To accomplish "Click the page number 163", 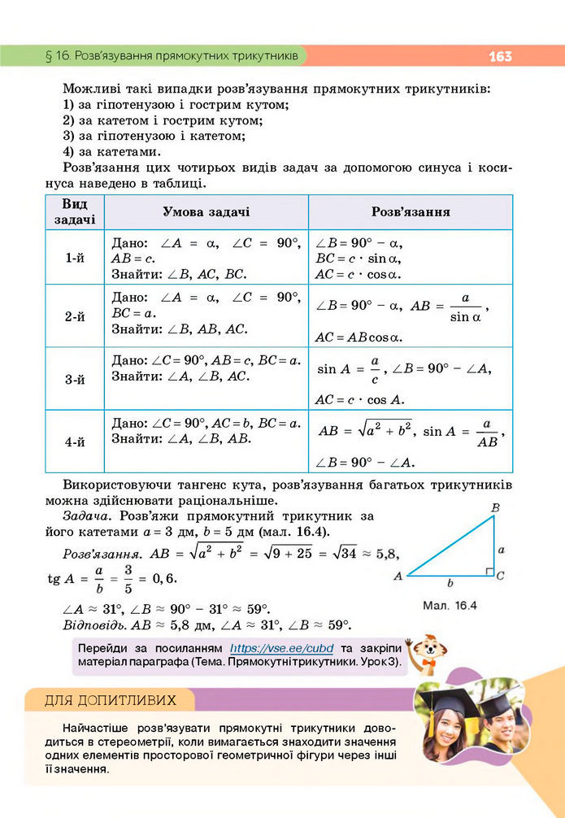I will (500, 56).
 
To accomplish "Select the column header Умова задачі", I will (206, 212).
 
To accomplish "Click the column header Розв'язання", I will (411, 212).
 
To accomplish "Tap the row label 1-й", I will (75, 257).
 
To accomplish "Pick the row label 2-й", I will (75, 316).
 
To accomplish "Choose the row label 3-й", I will (75, 379).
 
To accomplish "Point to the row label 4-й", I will (75, 442).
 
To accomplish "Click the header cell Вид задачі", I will (75, 212).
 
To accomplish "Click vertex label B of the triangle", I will (495, 508).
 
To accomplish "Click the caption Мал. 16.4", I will (450, 606).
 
